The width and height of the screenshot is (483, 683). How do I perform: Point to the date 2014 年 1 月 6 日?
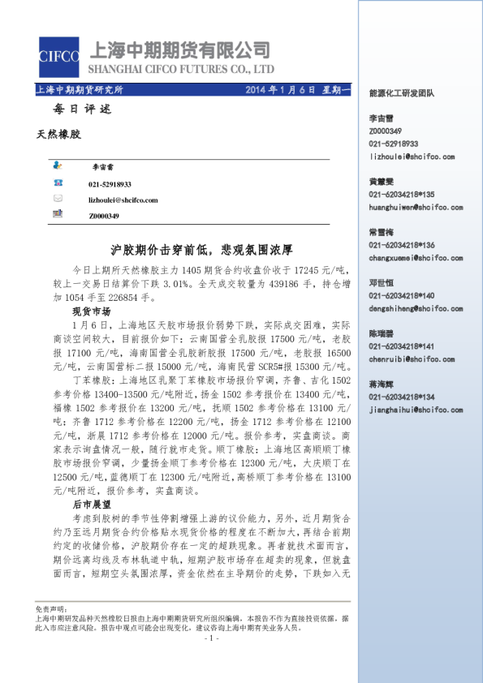pos(279,89)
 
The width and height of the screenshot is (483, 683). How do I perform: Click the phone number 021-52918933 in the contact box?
pos(110,184)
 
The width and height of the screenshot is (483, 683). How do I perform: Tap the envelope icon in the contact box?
pos(58,199)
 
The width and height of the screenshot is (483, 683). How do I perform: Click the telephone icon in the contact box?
pos(58,184)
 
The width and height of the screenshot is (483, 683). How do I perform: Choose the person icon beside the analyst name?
pos(58,167)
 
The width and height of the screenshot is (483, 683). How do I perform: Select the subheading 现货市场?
pos(91,311)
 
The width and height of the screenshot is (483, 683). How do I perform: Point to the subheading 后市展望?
pos(91,503)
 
